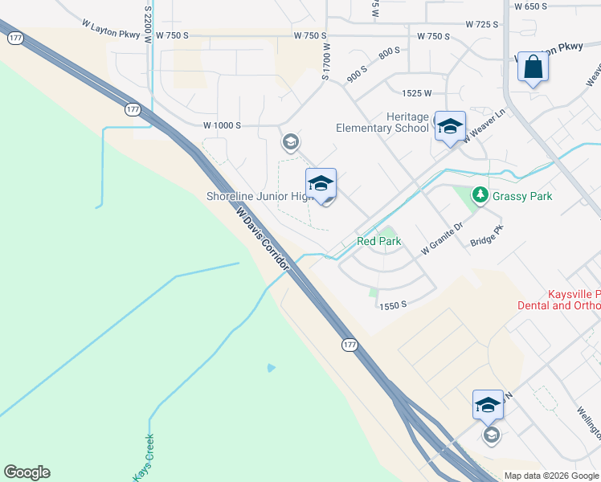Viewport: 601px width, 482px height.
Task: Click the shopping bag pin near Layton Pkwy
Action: click(x=533, y=67)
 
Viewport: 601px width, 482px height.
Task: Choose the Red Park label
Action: click(x=378, y=241)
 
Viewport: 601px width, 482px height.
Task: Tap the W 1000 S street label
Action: click(x=222, y=125)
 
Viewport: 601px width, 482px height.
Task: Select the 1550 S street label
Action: click(x=395, y=305)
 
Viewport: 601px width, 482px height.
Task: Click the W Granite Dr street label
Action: click(x=443, y=239)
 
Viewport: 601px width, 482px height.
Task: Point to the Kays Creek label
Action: click(x=144, y=457)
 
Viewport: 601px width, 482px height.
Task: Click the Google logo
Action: click(x=27, y=472)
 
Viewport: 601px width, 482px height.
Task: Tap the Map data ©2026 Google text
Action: click(x=550, y=476)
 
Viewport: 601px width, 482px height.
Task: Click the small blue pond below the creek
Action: click(x=271, y=368)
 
